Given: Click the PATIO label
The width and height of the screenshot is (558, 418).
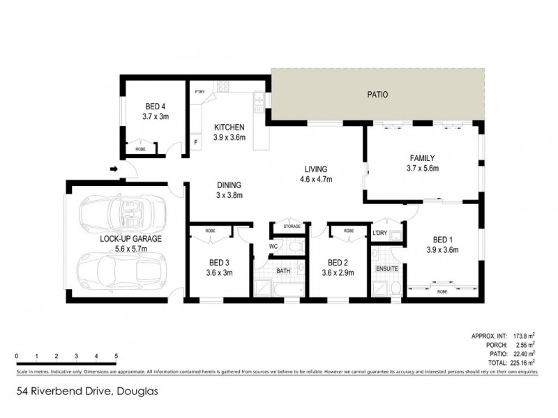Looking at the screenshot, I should [x=377, y=95].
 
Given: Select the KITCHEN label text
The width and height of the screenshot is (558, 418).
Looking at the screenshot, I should [x=229, y=127].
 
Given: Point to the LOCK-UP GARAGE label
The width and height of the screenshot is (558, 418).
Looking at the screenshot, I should [x=130, y=238].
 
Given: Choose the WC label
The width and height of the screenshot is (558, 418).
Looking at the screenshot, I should [x=273, y=246].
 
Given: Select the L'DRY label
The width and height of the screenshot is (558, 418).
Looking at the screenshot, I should [x=380, y=232].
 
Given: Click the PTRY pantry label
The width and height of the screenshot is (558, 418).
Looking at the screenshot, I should [x=199, y=91].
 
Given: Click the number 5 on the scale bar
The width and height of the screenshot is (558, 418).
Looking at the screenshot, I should [x=116, y=356].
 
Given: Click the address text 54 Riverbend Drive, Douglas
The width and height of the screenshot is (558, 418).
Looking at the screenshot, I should [x=89, y=392].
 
